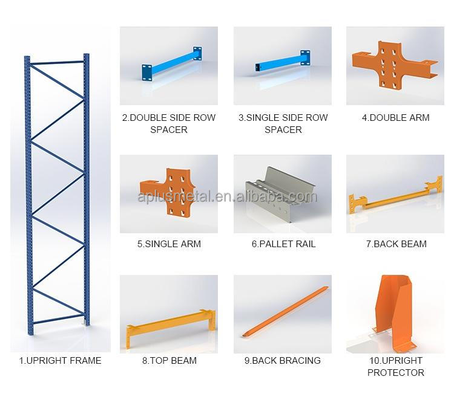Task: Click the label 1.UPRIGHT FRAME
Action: pos(60,361)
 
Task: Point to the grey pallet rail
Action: pos(281,193)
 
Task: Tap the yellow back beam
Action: pos(395,195)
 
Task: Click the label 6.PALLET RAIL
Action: pos(283,244)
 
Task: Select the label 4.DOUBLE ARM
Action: pos(395,118)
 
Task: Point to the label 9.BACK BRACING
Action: pos(283,361)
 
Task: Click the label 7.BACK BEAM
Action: pos(396,244)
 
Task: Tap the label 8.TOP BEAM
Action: pos(169,361)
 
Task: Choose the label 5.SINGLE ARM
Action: pos(169,244)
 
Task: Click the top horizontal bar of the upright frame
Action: pos(57,62)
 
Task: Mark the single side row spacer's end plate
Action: pos(305,57)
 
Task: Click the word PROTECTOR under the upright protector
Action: pos(395,373)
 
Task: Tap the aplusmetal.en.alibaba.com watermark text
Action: pos(227,196)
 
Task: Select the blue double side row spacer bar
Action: pos(172,63)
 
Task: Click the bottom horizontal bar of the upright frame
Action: pos(59,319)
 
